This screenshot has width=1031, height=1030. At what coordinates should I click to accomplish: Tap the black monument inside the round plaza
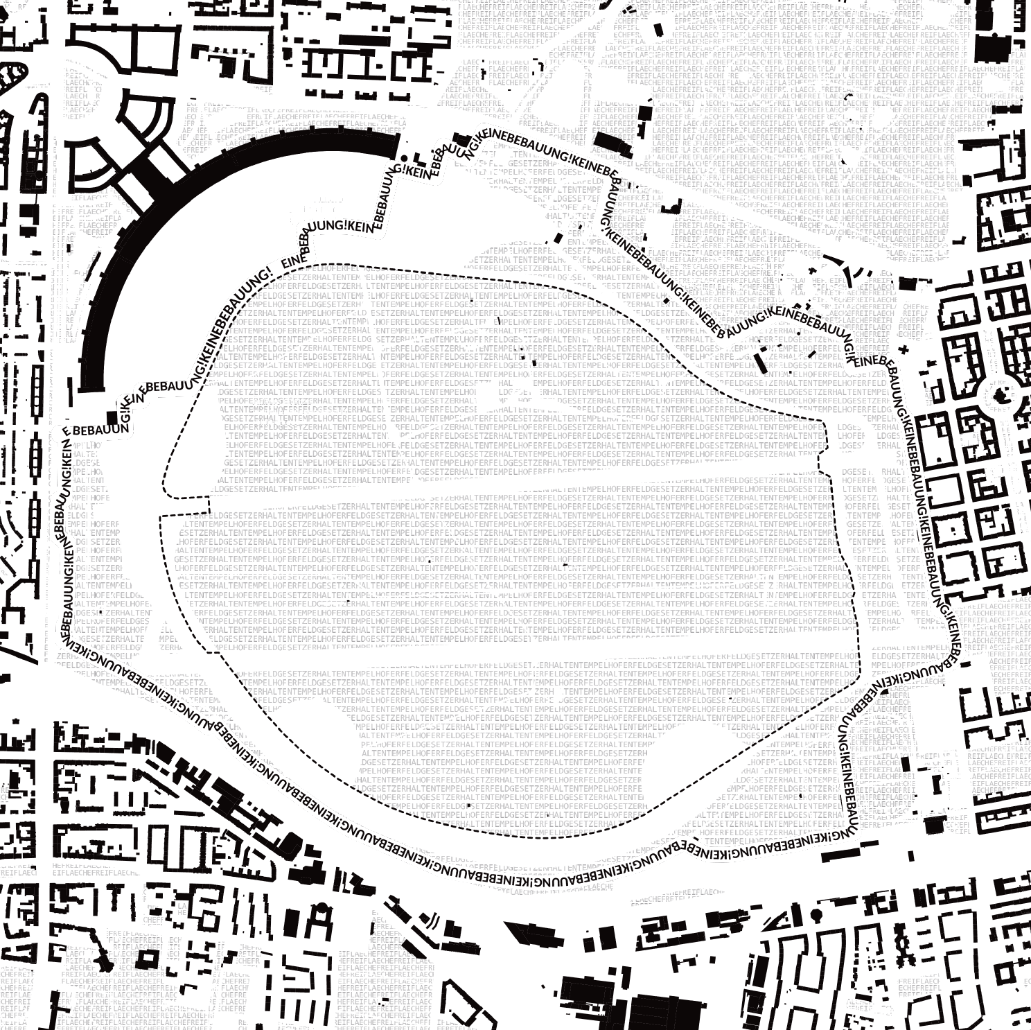click(999, 396)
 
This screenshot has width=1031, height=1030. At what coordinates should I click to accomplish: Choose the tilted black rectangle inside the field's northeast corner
click(760, 363)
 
